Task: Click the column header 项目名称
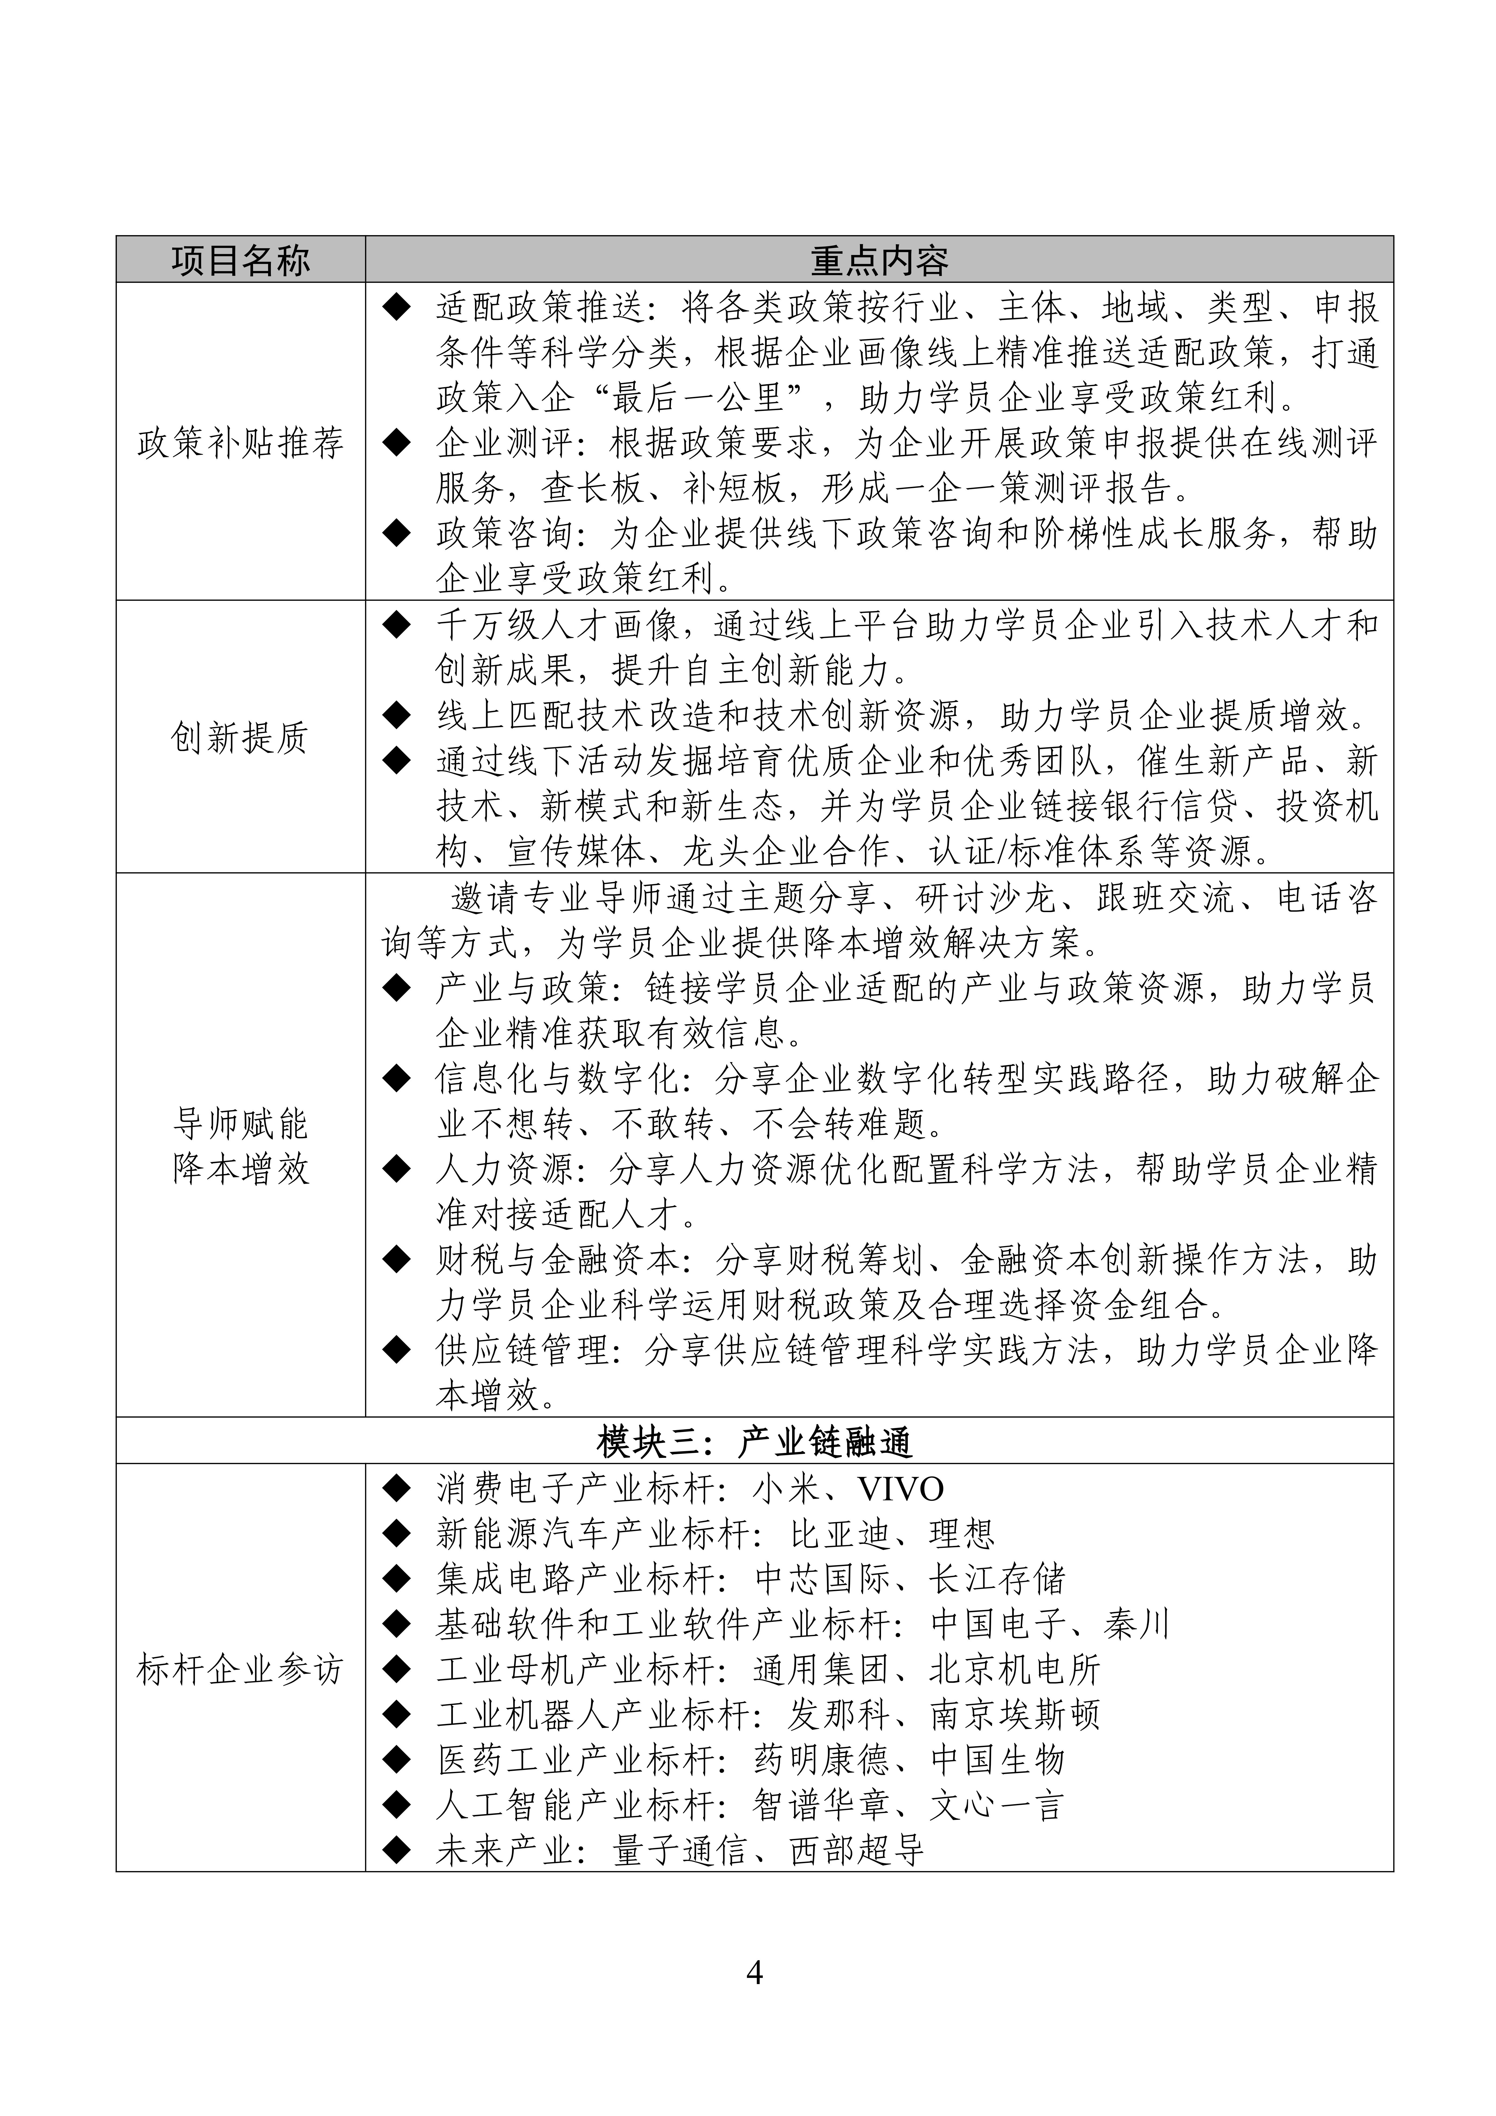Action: [x=240, y=261]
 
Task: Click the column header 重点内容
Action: [x=878, y=261]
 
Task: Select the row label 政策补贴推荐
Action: [x=240, y=443]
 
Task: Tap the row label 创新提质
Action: [x=240, y=737]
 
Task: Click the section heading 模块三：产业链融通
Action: [x=754, y=1442]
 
